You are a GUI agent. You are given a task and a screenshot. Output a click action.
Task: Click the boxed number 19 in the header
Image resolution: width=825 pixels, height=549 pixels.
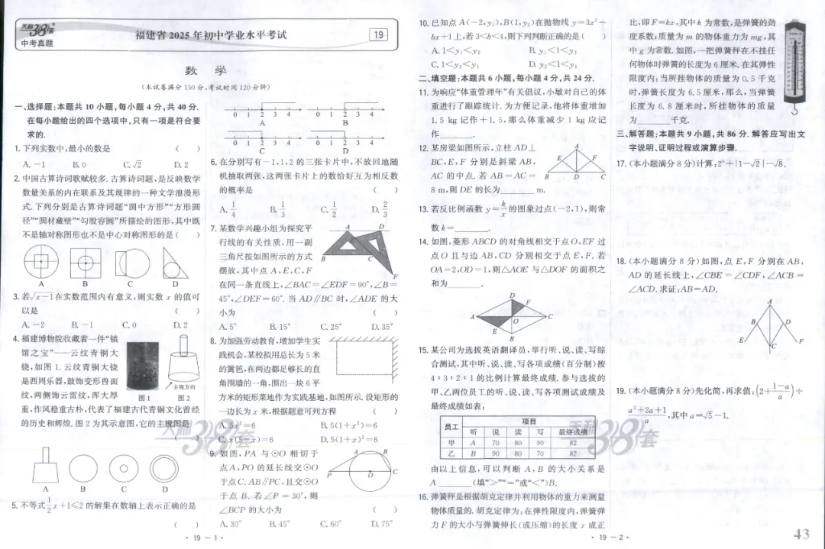click(x=377, y=34)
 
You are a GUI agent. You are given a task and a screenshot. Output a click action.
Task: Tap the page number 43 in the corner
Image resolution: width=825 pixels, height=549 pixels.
click(x=801, y=534)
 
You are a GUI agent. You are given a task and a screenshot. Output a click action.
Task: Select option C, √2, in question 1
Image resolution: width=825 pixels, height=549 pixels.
click(x=132, y=164)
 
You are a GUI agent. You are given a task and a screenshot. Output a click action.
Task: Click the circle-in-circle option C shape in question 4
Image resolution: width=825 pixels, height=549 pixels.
click(x=124, y=467)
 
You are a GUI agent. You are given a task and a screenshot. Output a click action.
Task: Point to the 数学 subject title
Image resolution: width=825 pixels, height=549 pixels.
click(x=205, y=70)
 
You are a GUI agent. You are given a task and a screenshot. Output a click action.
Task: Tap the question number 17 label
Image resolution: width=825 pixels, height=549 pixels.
click(x=621, y=163)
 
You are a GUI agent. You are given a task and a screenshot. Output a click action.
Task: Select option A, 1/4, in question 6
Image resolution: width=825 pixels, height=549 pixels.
click(x=223, y=209)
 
